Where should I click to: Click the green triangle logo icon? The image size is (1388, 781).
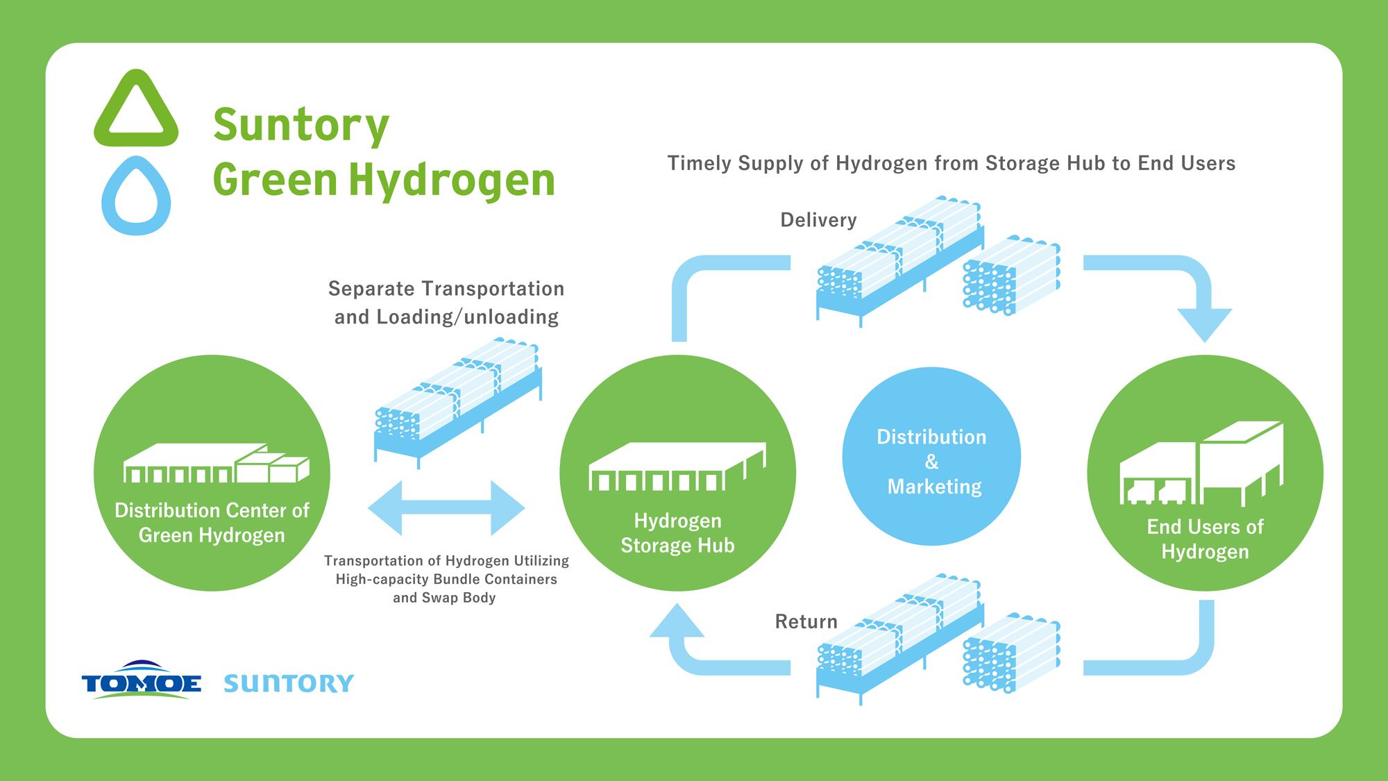tap(136, 110)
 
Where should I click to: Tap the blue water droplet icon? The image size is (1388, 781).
tap(136, 196)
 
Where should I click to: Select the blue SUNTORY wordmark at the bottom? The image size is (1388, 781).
tap(289, 683)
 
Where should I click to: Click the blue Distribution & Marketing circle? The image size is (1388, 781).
tap(931, 457)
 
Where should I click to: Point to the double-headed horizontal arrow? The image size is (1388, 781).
tap(446, 507)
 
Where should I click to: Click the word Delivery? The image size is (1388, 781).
tap(818, 220)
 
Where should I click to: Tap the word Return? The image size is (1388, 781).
tap(806, 621)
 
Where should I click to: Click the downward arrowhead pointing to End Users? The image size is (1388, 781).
tap(1205, 324)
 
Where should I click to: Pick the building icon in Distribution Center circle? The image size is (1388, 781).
tap(216, 463)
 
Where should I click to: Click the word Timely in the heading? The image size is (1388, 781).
tap(699, 163)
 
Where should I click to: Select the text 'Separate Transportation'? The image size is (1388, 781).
tap(446, 289)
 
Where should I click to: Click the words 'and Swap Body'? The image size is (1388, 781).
tap(444, 598)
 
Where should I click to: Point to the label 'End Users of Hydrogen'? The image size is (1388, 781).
tap(1205, 539)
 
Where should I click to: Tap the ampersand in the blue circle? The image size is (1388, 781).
tap(931, 462)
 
